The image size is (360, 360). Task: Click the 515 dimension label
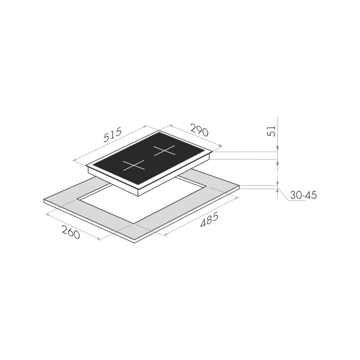point(112,135)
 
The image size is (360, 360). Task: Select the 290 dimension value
point(199,130)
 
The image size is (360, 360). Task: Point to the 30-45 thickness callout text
point(303,195)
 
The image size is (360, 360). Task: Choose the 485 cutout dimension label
point(209,220)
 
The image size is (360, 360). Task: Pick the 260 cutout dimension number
point(71,232)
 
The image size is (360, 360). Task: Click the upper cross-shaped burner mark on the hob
point(164,151)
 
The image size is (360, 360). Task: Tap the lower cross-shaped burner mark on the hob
point(134,165)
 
